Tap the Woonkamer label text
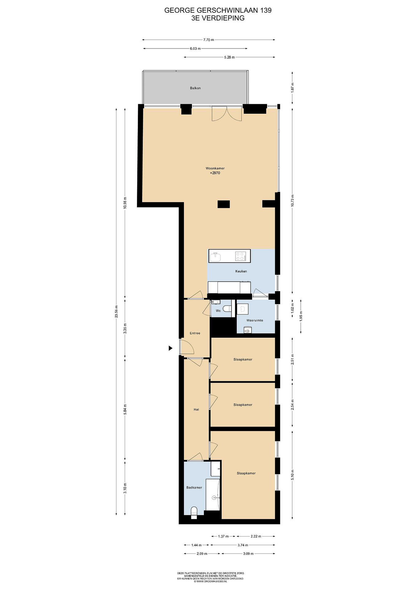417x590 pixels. pos(215,168)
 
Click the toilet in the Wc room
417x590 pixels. pos(227,308)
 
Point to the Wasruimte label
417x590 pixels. pos(254,320)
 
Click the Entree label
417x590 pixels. pos(195,333)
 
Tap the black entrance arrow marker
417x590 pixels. pos(170,348)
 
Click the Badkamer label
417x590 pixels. pos(194,488)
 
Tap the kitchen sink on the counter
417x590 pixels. pos(215,257)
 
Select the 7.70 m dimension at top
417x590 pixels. pos(208,40)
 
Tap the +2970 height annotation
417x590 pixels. pos(215,173)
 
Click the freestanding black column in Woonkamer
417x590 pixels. pos(223,204)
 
